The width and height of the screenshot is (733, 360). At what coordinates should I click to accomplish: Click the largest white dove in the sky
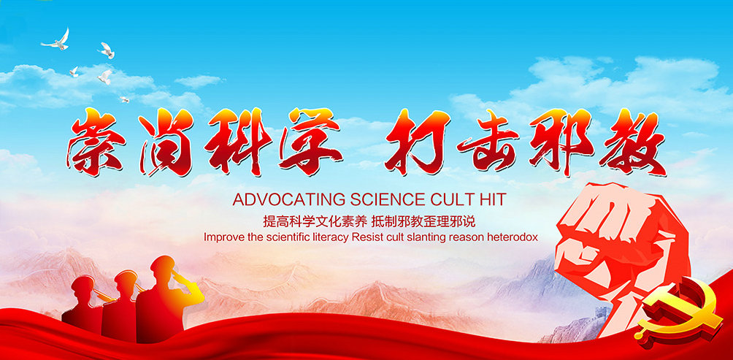[56, 40]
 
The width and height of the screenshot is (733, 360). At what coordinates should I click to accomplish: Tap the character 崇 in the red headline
[97, 142]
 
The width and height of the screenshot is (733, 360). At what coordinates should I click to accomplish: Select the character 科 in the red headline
[238, 140]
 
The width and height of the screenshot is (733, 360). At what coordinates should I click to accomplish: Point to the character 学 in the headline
[310, 140]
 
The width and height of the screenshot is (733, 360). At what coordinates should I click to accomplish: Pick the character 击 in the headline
[488, 140]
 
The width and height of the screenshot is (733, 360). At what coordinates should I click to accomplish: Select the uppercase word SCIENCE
[387, 199]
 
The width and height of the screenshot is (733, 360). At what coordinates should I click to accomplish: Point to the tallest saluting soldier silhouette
[169, 294]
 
